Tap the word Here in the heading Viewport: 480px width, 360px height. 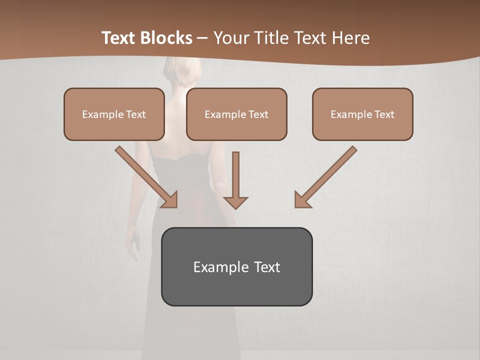click(348, 38)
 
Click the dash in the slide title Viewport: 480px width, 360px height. click(202, 38)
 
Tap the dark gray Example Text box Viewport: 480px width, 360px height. click(236, 287)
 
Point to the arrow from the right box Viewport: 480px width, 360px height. click(327, 175)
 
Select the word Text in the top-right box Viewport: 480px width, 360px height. click(384, 114)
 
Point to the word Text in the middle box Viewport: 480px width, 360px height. click(258, 114)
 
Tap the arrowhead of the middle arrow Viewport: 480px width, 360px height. click(235, 202)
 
